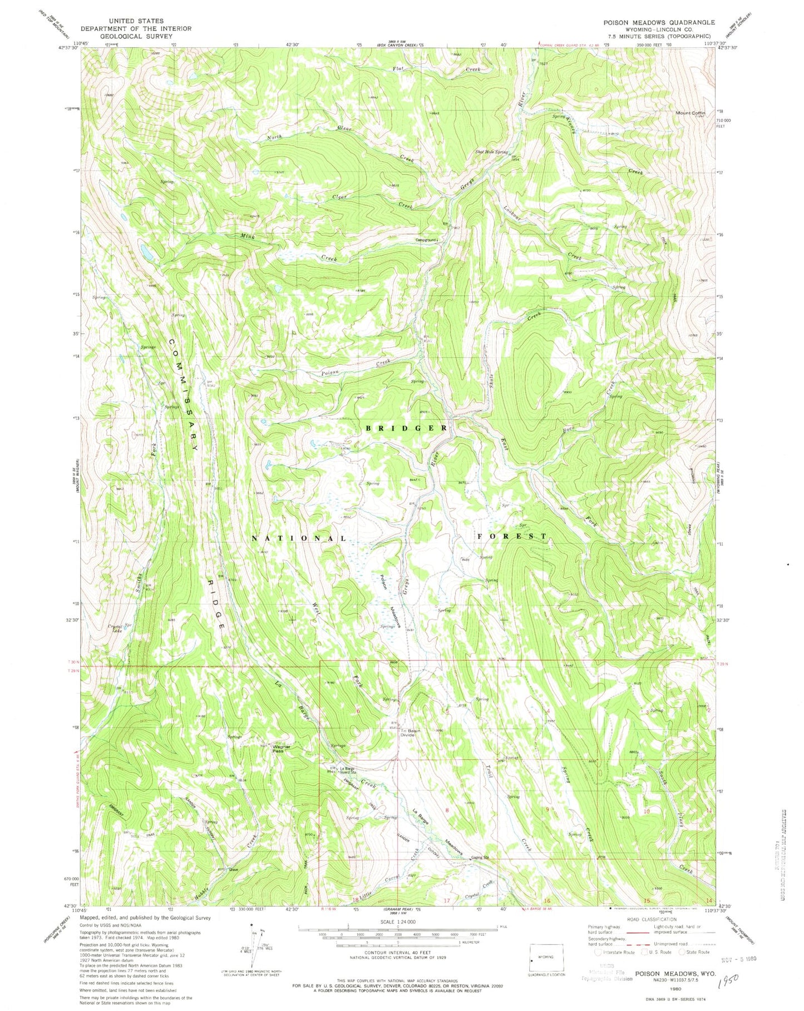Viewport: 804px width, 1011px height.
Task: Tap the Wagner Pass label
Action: pos(277,749)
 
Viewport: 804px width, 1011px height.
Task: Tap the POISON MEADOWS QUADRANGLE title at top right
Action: pos(652,22)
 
